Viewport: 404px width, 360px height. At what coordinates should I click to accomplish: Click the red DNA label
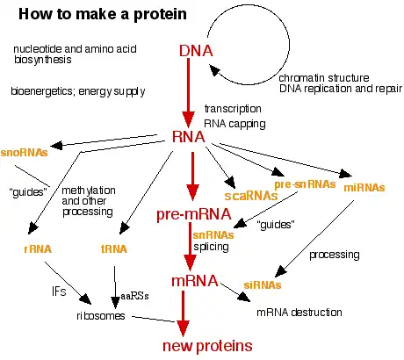tap(196, 51)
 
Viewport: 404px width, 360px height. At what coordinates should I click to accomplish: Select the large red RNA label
tap(189, 137)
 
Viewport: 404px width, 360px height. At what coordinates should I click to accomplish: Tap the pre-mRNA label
tap(194, 214)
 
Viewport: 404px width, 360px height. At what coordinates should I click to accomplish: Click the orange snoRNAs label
tap(24, 153)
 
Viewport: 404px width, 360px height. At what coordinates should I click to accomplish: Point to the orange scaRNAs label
tap(251, 196)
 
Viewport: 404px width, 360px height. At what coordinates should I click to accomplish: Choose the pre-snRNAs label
tap(305, 184)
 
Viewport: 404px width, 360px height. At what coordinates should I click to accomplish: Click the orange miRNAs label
tap(364, 187)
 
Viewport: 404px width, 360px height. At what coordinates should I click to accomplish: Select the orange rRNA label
tap(38, 249)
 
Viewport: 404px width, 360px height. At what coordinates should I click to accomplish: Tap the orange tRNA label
tap(114, 249)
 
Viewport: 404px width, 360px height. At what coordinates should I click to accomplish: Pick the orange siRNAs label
tap(263, 284)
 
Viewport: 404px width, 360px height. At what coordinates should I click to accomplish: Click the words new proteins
tap(207, 346)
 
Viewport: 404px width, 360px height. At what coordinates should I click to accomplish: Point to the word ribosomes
tap(101, 316)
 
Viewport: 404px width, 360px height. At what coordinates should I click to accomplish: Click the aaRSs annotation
tap(134, 296)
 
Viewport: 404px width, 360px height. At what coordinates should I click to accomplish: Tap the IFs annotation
tap(59, 292)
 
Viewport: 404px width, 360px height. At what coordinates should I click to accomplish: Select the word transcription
tap(233, 109)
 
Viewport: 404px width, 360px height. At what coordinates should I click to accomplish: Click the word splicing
tap(211, 247)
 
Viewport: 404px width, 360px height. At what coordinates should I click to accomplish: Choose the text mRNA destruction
tap(299, 313)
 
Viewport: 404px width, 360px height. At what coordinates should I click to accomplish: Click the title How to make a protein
tap(103, 14)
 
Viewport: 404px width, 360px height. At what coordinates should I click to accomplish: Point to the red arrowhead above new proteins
tap(184, 328)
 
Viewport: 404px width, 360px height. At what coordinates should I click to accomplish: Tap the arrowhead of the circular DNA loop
tap(214, 70)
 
